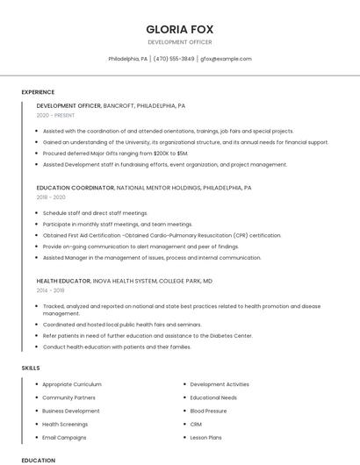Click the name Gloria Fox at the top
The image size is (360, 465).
pos(180,29)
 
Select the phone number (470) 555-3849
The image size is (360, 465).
pos(174,59)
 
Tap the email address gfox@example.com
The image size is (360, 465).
pos(226,59)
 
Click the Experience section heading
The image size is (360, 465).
pos(38,92)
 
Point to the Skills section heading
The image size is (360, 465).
pos(31,368)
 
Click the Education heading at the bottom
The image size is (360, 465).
pos(38,460)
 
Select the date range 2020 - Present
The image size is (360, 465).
pos(54,115)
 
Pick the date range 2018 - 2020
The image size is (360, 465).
pos(51,197)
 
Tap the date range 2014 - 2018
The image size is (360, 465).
pos(50,290)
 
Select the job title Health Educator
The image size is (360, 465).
pos(63,280)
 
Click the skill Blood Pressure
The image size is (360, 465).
pos(208,411)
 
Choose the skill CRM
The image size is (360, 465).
pos(196,424)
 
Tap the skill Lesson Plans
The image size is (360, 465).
pos(205,437)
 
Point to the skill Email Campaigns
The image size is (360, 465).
pos(64,437)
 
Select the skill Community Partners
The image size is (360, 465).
pos(68,397)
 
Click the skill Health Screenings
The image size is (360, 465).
pos(67,424)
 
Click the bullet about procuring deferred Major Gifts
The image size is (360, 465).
pos(115,153)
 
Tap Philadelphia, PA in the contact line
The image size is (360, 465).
pos(127,59)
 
